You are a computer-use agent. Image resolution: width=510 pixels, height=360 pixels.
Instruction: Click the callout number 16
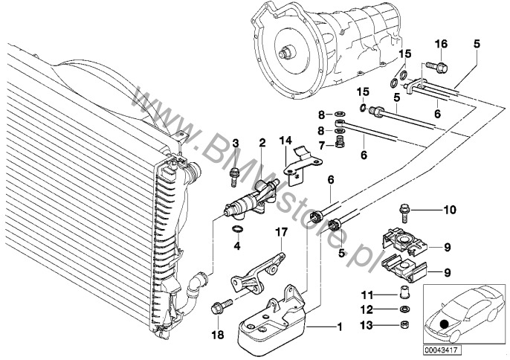[x=440, y=45]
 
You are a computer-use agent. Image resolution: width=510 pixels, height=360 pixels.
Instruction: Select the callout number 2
[x=262, y=142]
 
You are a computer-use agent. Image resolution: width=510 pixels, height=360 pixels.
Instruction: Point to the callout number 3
[x=235, y=143]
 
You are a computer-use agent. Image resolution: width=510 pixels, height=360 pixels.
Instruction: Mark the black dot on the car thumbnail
[x=445, y=324]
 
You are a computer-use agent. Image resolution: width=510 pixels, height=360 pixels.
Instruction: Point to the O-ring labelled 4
[x=236, y=227]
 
